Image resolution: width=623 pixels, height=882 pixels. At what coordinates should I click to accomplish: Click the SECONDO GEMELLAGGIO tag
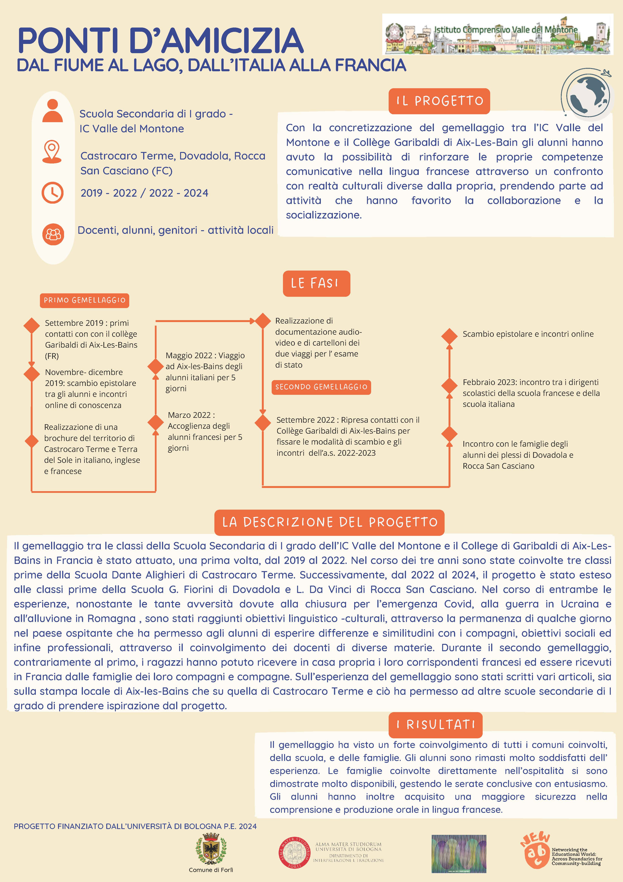pyautogui.click(x=321, y=387)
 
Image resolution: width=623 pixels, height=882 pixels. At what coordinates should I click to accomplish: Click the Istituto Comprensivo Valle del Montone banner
pyautogui.click(x=498, y=34)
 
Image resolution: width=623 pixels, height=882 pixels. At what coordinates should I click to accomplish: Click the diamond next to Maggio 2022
pyautogui.click(x=155, y=367)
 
